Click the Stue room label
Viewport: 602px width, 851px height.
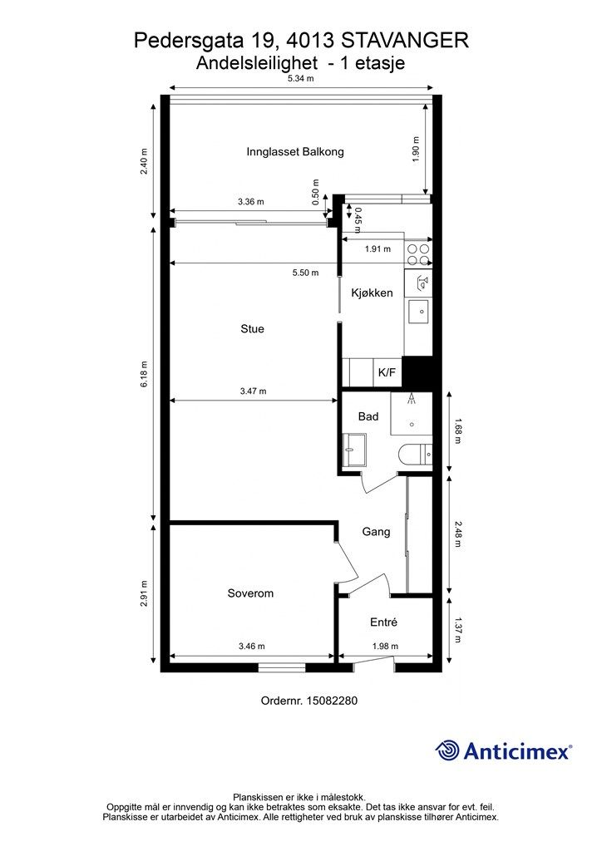pos(253,329)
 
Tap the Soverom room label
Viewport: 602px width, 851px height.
pos(250,593)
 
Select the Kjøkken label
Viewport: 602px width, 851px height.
pos(372,293)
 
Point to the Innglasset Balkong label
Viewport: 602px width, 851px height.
pos(295,152)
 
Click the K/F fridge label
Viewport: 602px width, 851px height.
pos(387,373)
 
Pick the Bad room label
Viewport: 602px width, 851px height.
pos(368,417)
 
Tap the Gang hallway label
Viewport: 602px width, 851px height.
pos(376,531)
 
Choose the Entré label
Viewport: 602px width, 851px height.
pos(384,622)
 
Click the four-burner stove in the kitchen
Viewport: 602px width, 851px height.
pos(418,254)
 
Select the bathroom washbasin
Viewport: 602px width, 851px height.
pos(353,450)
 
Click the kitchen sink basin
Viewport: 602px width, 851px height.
pos(419,312)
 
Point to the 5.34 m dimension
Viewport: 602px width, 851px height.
pos(301,79)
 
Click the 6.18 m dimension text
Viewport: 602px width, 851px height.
pos(144,374)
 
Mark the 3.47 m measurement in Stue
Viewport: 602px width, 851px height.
pos(253,391)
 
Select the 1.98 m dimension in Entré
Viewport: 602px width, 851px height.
pos(385,647)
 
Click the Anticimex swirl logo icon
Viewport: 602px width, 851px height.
pos(447,750)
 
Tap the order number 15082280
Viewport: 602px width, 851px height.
pos(333,701)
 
